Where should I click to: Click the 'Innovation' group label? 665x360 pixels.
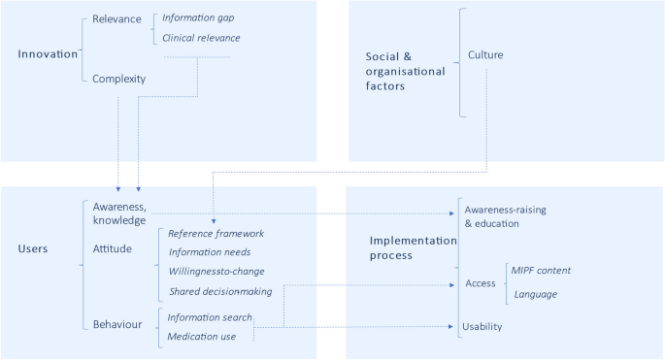[47, 53]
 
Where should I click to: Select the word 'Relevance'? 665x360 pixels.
[116, 18]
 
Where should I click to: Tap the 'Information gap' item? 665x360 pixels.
[198, 17]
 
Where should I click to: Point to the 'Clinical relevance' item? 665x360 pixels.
[201, 38]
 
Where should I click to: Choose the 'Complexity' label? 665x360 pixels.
[118, 80]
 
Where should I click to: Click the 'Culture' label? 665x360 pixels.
[486, 54]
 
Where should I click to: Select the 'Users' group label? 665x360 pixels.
[35, 248]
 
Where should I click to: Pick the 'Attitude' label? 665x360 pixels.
[114, 248]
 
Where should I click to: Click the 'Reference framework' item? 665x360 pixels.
[216, 233]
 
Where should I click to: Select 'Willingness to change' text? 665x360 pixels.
[216, 271]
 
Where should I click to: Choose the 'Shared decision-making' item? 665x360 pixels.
[220, 290]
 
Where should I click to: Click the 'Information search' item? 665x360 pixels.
[210, 316]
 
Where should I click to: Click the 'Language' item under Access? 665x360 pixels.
[536, 293]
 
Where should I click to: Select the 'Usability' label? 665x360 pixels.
[483, 327]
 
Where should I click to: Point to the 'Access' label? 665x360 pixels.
[480, 283]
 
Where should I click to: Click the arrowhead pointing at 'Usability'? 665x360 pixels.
[453, 327]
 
